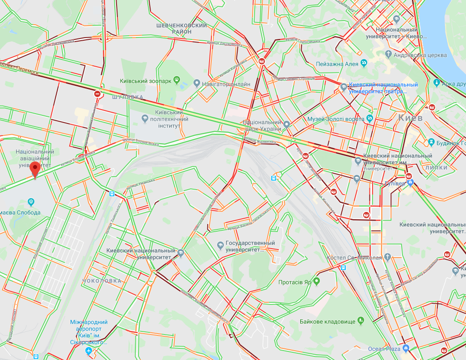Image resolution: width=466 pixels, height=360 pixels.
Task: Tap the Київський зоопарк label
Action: point(145,81)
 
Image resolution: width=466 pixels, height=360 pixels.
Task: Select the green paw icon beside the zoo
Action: point(178,81)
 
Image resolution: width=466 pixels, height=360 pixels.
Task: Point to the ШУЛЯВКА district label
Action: point(127,97)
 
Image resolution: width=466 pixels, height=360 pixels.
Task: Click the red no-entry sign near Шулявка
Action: point(97,94)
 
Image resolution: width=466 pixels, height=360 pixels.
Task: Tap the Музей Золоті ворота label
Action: point(336,119)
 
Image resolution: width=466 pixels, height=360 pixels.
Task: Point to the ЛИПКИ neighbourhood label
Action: point(437,167)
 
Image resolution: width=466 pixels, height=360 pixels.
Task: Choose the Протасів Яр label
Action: point(294,282)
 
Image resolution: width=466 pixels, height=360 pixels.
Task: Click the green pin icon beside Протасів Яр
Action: point(317,281)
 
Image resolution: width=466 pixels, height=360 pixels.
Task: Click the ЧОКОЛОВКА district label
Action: point(102,281)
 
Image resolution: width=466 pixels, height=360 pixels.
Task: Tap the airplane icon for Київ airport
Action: point(88,350)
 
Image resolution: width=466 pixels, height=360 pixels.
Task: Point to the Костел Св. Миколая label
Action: point(354,258)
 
